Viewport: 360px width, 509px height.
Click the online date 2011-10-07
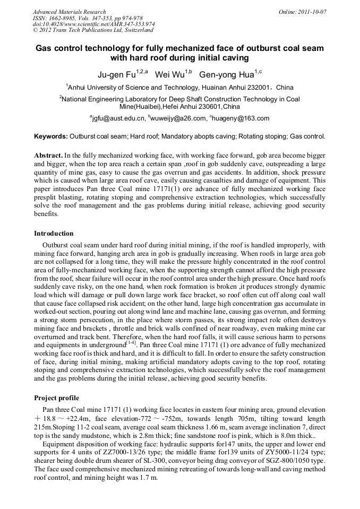313,12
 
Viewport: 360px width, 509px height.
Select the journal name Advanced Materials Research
69,12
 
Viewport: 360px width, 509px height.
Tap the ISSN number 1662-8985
63,18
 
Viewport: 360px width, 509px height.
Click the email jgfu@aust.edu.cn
118,118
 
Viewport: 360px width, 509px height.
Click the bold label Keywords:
51,136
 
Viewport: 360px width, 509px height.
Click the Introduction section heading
54,234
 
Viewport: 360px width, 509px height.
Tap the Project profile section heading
56,398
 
